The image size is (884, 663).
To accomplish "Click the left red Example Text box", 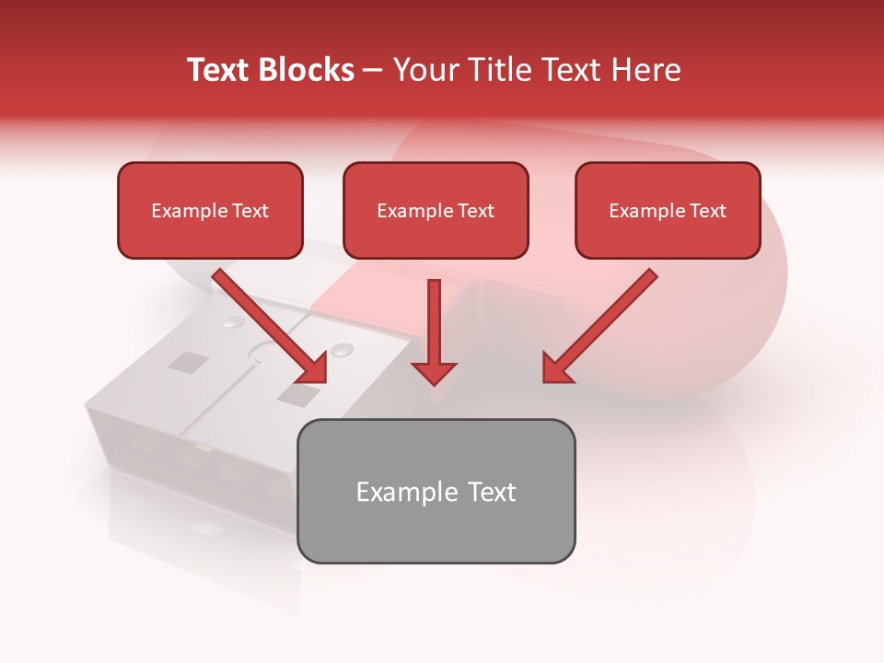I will (210, 211).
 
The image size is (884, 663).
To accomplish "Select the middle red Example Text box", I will (436, 211).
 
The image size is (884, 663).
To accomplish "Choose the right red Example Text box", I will (668, 211).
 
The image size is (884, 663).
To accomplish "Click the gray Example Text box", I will (436, 491).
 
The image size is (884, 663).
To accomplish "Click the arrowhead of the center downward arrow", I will (434, 372).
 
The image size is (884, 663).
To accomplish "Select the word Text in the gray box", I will (492, 492).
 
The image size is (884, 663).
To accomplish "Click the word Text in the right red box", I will (708, 211).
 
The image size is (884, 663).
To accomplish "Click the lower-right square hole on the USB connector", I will (297, 396).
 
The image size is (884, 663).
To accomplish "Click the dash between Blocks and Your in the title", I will (373, 71).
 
